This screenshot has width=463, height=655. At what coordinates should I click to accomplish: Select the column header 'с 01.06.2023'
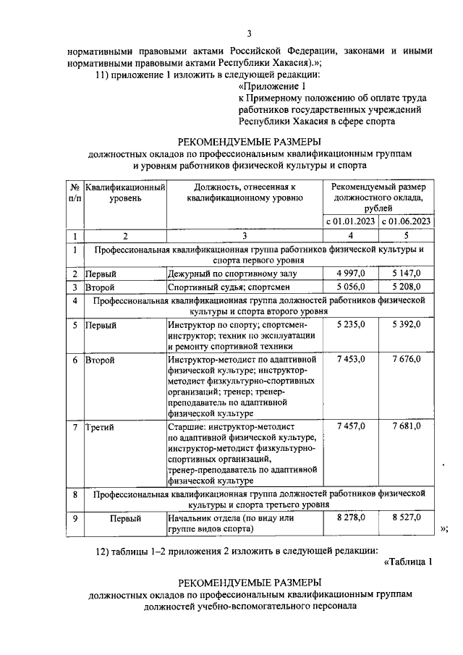click(x=406, y=221)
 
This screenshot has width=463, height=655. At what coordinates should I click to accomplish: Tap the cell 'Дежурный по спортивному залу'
click(x=232, y=274)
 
